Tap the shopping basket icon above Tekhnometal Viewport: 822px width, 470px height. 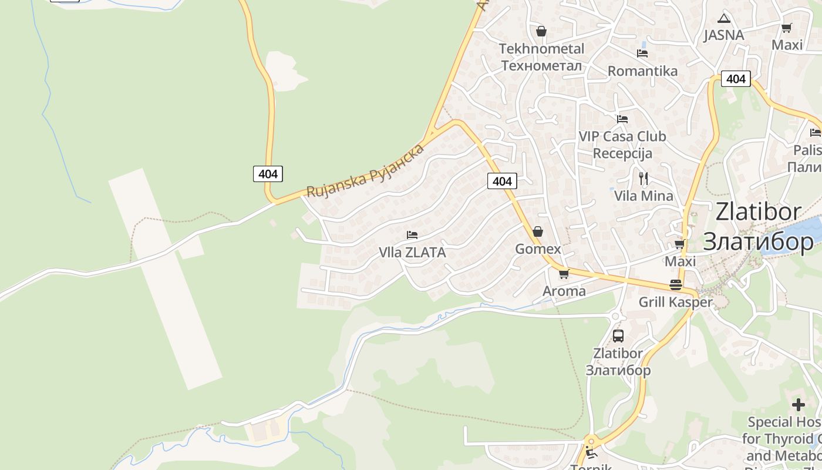[541, 31]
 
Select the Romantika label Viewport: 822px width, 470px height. [642, 71]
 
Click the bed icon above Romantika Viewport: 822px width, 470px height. [642, 53]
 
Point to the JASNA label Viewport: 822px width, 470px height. [724, 35]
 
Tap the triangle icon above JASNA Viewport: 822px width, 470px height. [724, 18]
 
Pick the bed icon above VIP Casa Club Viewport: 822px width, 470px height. [622, 119]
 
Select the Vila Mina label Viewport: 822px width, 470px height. [644, 196]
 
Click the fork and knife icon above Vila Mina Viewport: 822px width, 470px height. [644, 179]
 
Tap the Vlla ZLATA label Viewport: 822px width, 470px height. [412, 253]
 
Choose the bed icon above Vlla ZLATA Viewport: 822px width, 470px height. [412, 235]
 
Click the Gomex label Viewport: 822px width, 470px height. [538, 249]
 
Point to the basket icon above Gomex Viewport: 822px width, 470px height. [538, 232]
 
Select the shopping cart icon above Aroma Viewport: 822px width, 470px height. [564, 274]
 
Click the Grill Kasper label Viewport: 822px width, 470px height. [675, 303]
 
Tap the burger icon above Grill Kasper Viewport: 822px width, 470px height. [676, 286]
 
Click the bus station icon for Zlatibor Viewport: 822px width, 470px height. [618, 336]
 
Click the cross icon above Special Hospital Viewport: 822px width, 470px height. [799, 405]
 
